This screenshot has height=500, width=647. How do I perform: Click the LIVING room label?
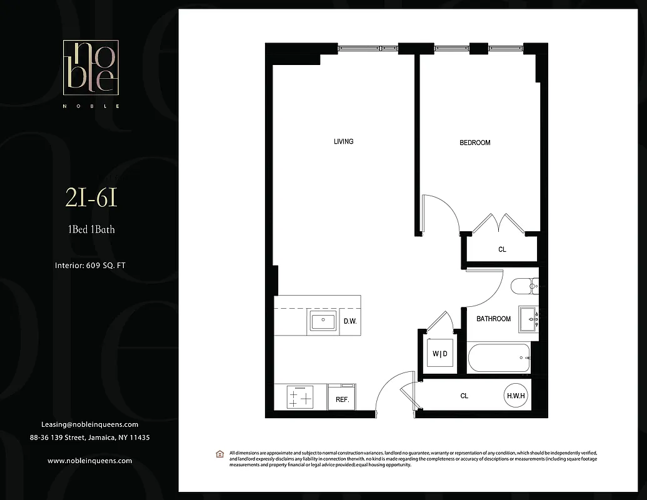(x=343, y=141)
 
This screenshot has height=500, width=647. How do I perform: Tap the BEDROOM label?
(x=474, y=142)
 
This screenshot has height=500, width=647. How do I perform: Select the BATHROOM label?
(x=493, y=319)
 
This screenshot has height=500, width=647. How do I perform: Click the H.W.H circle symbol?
(x=516, y=396)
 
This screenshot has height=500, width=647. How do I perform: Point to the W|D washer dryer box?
(x=440, y=354)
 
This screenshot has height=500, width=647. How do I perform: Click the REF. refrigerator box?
(x=342, y=399)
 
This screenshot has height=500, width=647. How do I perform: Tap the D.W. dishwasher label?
(x=350, y=322)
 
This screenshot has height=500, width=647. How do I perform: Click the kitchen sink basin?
(x=323, y=322)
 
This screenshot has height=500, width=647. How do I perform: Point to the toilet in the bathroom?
(x=524, y=287)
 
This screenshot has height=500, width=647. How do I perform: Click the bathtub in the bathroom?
(x=498, y=358)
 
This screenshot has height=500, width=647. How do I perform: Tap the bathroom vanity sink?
(x=528, y=318)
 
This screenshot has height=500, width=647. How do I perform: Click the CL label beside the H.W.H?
(x=464, y=396)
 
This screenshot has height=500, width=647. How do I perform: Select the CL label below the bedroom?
(x=502, y=249)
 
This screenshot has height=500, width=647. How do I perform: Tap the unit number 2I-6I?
(x=91, y=198)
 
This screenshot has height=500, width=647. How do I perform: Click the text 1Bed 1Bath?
(x=91, y=229)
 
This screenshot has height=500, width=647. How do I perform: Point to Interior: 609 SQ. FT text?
(x=91, y=266)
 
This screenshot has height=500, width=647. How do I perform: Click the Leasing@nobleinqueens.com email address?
(x=89, y=424)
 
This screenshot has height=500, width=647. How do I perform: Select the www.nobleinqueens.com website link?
(x=89, y=461)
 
